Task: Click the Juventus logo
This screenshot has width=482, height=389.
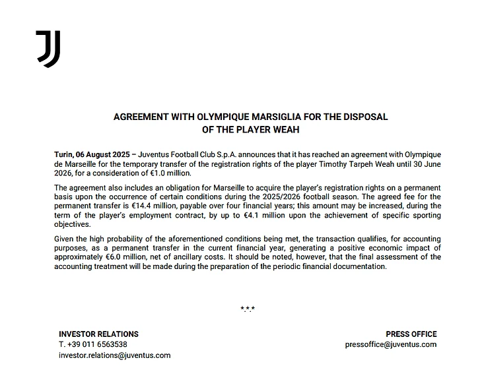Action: click(x=48, y=49)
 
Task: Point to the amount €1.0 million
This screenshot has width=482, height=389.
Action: click(x=168, y=173)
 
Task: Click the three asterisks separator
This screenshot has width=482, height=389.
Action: click(x=248, y=309)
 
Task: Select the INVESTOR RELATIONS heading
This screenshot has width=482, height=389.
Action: click(x=98, y=334)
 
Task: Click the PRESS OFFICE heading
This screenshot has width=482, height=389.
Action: click(x=411, y=334)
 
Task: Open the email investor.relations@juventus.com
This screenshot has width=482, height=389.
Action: click(x=114, y=355)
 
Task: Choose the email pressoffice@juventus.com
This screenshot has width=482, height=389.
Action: click(x=390, y=344)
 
